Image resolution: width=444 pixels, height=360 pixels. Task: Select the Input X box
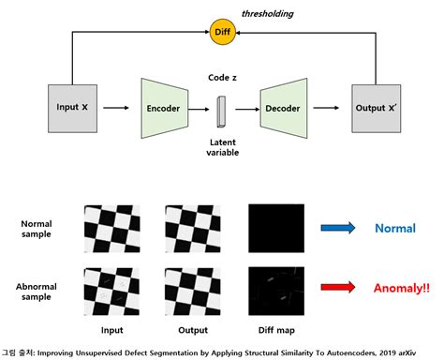pyautogui.click(x=72, y=109)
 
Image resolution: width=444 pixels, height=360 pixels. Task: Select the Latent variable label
pyautogui.click(x=222, y=145)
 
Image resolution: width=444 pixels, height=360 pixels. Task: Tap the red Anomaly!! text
pyautogui.click(x=397, y=288)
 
